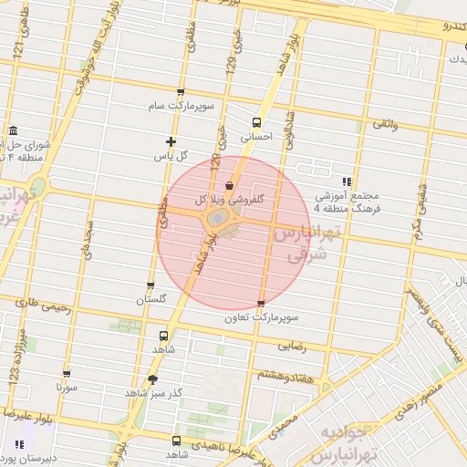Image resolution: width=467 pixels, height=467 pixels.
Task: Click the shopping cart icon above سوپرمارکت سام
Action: pyautogui.click(x=181, y=91)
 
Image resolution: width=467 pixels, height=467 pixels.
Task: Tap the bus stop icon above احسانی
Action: pyautogui.click(x=256, y=121)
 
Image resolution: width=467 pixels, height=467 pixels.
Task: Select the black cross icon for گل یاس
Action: pyautogui.click(x=171, y=140)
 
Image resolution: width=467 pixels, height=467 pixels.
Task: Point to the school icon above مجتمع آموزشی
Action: pyautogui.click(x=346, y=181)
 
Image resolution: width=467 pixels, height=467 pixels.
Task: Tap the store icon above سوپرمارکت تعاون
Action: pyautogui.click(x=262, y=304)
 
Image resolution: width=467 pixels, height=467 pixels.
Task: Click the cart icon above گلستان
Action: pyautogui.click(x=150, y=285)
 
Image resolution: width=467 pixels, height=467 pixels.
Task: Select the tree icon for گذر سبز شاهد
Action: pyautogui.click(x=152, y=379)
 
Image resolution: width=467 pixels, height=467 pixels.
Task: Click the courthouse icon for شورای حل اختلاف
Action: pyautogui.click(x=14, y=130)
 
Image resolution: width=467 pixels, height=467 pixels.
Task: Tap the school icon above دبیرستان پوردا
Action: pyautogui.click(x=19, y=444)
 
